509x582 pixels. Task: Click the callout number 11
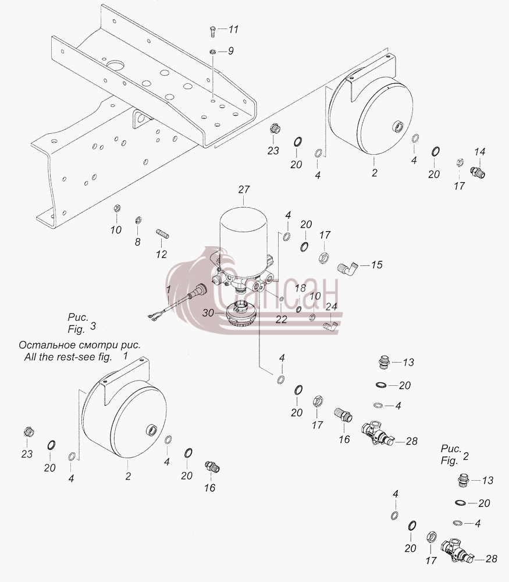click(x=233, y=29)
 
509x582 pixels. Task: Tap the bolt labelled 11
click(x=212, y=31)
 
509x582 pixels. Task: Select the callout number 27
click(x=244, y=190)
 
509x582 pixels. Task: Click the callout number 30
click(x=208, y=313)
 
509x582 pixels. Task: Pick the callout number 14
click(x=480, y=151)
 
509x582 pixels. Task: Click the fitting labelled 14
click(x=478, y=173)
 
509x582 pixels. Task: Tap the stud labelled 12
click(x=162, y=234)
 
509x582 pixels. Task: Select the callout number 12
click(x=161, y=254)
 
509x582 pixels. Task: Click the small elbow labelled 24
click(x=329, y=326)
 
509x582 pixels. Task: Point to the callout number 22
click(x=281, y=320)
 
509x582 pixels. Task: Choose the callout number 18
click(x=300, y=288)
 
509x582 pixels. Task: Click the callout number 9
click(x=231, y=51)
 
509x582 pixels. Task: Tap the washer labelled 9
click(x=213, y=52)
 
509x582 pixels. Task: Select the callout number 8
click(x=138, y=242)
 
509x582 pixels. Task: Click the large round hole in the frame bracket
click(x=115, y=66)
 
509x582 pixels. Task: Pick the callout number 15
click(x=376, y=265)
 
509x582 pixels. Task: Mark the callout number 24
click(x=332, y=307)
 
